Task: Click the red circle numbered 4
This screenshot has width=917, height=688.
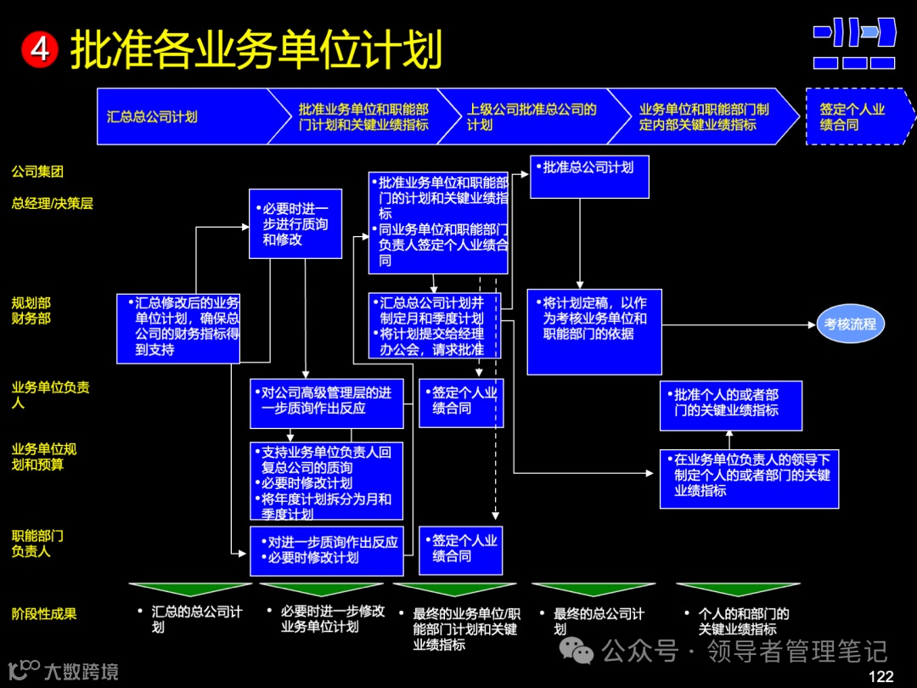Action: pyautogui.click(x=39, y=49)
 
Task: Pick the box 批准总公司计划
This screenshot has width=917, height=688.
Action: pyautogui.click(x=588, y=177)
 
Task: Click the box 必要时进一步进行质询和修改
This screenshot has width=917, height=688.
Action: pyautogui.click(x=295, y=223)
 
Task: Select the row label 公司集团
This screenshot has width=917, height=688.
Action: pyautogui.click(x=37, y=172)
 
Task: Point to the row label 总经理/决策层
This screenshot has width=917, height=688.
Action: pyautogui.click(x=52, y=203)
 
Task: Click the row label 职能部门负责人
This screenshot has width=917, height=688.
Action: pyautogui.click(x=37, y=544)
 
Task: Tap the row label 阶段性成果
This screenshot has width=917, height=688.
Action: pyautogui.click(x=43, y=613)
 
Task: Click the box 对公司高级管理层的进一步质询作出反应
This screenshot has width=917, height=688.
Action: pyautogui.click(x=326, y=403)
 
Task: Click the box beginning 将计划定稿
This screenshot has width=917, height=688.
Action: pyautogui.click(x=594, y=331)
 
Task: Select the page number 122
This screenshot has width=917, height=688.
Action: pyautogui.click(x=880, y=676)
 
